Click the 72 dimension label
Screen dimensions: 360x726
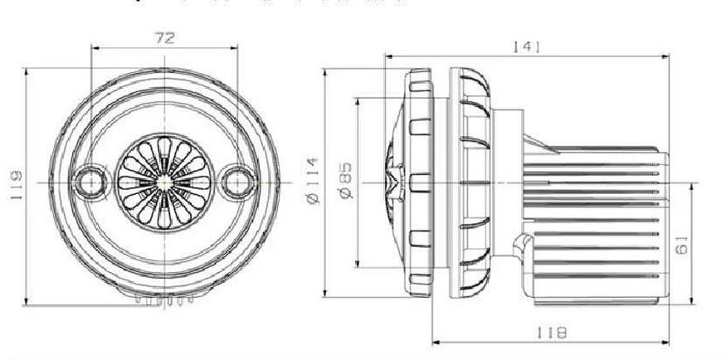pos(163,37)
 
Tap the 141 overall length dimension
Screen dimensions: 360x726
pos(527,47)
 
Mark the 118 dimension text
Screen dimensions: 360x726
pos(551,333)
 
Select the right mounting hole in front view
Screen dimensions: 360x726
pos(237,180)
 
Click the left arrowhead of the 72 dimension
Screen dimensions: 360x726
pos(94,48)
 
